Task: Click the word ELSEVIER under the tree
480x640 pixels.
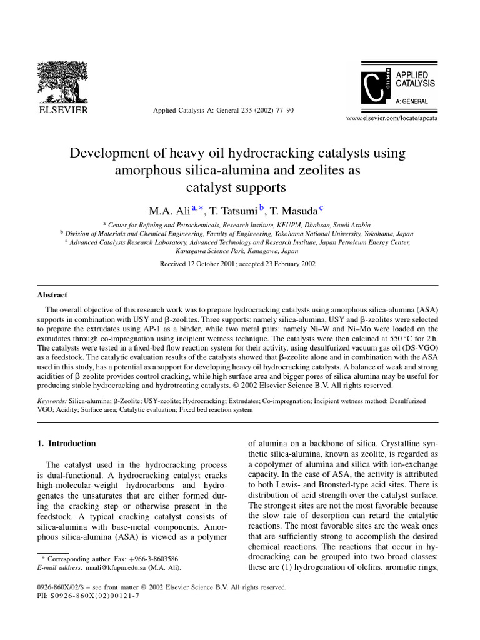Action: click(63, 110)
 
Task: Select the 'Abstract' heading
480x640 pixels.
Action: click(52, 295)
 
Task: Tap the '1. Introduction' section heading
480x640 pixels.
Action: click(67, 443)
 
